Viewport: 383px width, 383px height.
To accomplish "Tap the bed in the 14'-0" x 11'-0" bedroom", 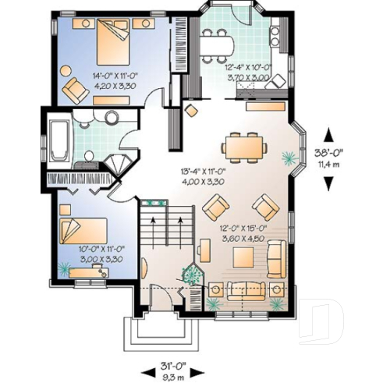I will [x=105, y=41].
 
